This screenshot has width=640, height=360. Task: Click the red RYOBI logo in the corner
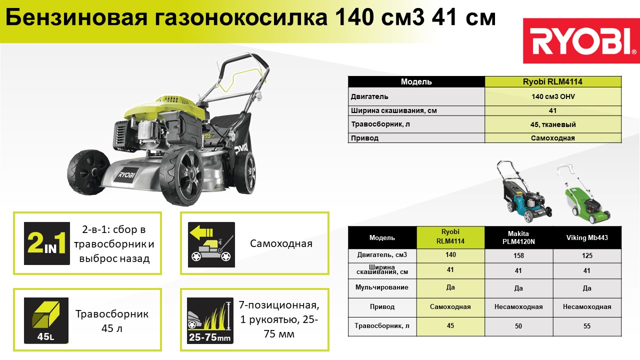pos(581,41)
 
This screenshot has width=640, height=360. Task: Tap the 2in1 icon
pos(47,243)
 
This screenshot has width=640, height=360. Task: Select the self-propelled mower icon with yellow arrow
pos(211,244)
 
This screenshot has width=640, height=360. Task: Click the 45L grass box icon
pos(46,320)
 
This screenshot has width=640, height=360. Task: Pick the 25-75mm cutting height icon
pos(210,320)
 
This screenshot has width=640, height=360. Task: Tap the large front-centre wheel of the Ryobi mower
pos(182,174)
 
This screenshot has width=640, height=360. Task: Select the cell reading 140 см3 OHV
pos(553,96)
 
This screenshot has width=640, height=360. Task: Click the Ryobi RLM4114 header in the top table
pos(552,81)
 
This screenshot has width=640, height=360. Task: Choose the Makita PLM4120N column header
pos(518,237)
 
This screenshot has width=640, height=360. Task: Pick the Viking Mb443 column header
pos(587,237)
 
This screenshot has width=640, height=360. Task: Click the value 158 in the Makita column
pos(518,255)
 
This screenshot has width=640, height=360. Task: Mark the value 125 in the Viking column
pos(587,255)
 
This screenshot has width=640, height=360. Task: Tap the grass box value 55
pos(587,326)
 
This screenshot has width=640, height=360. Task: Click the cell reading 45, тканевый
pos(553,124)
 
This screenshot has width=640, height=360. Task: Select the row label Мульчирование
pos(381,287)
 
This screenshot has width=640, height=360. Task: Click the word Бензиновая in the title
pos(76,17)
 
